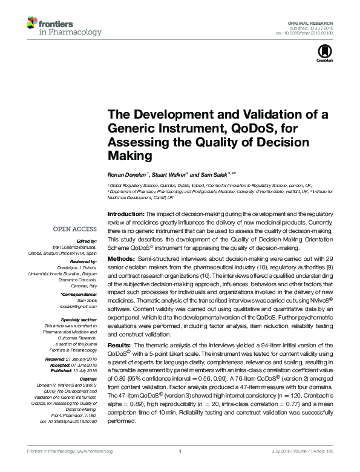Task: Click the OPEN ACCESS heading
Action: pos(75,229)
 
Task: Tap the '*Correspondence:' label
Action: pos(80,294)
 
